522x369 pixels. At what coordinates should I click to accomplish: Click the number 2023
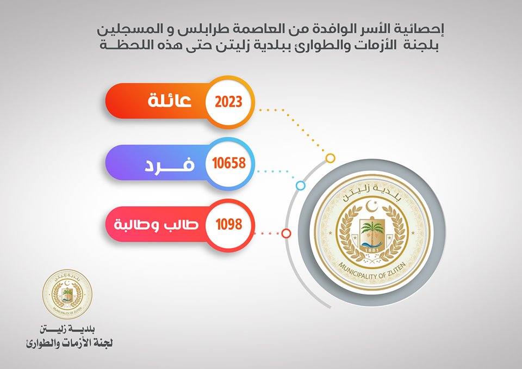pos(228,102)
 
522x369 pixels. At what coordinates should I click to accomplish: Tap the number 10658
pos(229,163)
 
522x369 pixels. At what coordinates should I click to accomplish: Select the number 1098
pos(229,225)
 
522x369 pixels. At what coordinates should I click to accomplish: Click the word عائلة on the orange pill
pos(170,100)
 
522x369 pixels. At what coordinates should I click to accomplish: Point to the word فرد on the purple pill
pos(170,164)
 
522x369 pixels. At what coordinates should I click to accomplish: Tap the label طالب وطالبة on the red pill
pos(156,224)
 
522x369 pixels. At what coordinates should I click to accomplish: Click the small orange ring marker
pos(330,158)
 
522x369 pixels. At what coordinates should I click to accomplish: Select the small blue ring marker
pos(301,186)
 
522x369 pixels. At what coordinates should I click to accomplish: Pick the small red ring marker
pos(287,233)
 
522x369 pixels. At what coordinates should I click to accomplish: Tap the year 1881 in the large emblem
pos(372,250)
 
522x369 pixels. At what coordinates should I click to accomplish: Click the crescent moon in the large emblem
pos(371,206)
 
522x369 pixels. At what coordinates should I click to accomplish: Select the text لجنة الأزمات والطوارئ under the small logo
pos(69,343)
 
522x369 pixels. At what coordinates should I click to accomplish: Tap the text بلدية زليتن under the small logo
pos(67,330)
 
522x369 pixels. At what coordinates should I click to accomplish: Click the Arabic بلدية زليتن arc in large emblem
pos(372,191)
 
